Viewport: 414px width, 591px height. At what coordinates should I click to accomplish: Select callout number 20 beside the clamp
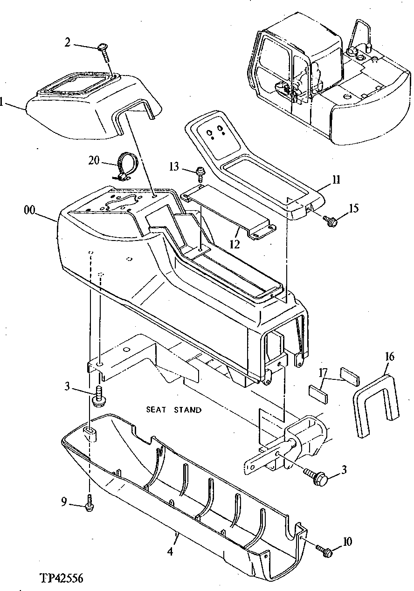[x=94, y=160]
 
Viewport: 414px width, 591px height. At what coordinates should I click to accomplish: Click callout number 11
[x=337, y=179]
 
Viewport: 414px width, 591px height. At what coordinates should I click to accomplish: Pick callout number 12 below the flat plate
[x=235, y=244]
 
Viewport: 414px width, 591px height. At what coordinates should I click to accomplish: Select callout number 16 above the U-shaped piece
[x=390, y=357]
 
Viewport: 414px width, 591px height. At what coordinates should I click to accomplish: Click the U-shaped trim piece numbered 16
[x=376, y=403]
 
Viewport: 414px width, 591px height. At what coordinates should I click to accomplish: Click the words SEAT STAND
[x=174, y=410]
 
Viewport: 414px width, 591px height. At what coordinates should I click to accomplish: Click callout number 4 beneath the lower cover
[x=170, y=551]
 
